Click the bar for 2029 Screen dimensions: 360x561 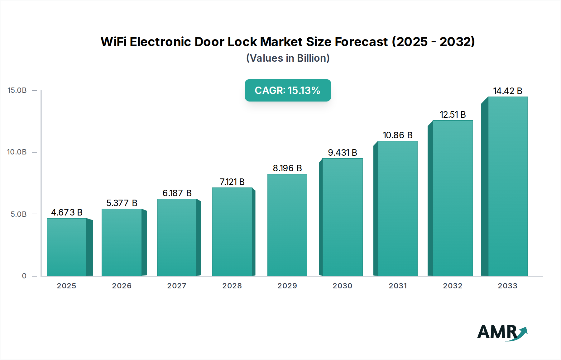coord(287,225)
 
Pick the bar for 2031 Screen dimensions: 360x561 coord(397,208)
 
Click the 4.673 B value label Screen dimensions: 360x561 coord(67,212)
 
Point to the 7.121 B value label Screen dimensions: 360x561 coord(232,182)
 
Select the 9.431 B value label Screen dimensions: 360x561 coord(342,153)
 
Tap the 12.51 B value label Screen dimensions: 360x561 coord(453,115)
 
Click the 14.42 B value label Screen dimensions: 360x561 coord(507,91)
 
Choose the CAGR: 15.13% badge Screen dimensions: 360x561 coord(288,90)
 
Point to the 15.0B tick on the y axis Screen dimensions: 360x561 coord(17,90)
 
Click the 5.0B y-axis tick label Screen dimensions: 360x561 coord(19,214)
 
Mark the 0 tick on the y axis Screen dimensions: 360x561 coord(24,276)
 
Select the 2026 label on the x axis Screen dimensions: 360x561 coord(122,286)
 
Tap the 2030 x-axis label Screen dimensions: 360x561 coord(342,286)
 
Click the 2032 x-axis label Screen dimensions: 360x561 coord(453,286)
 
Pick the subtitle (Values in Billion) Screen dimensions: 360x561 coord(288,58)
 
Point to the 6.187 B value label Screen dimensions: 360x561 coord(177,193)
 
